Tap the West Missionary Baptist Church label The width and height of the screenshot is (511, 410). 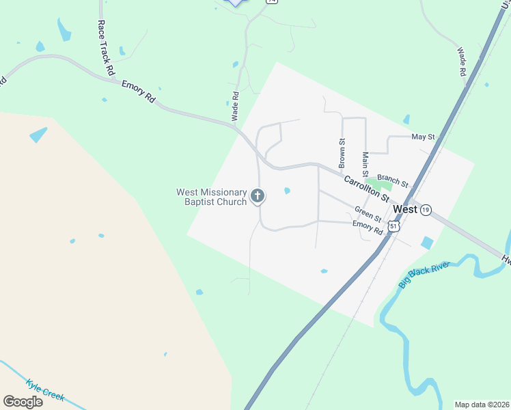coord(211,197)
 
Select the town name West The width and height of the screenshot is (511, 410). coord(406,209)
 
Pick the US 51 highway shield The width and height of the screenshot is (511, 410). coord(393,225)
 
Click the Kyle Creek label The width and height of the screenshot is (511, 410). coord(44,389)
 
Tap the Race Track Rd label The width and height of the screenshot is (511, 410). coord(104,48)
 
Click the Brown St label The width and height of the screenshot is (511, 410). coord(342,152)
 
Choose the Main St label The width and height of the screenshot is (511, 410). coord(365,165)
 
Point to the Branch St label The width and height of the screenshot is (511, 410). coord(392,180)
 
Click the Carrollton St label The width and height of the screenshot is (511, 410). coord(366,189)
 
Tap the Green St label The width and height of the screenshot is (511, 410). coord(368,213)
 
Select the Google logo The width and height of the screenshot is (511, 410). coord(23,401)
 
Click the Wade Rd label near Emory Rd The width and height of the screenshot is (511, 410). coord(235,107)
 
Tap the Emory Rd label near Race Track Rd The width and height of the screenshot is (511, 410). coord(139,92)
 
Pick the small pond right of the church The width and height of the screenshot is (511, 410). coord(287,191)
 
